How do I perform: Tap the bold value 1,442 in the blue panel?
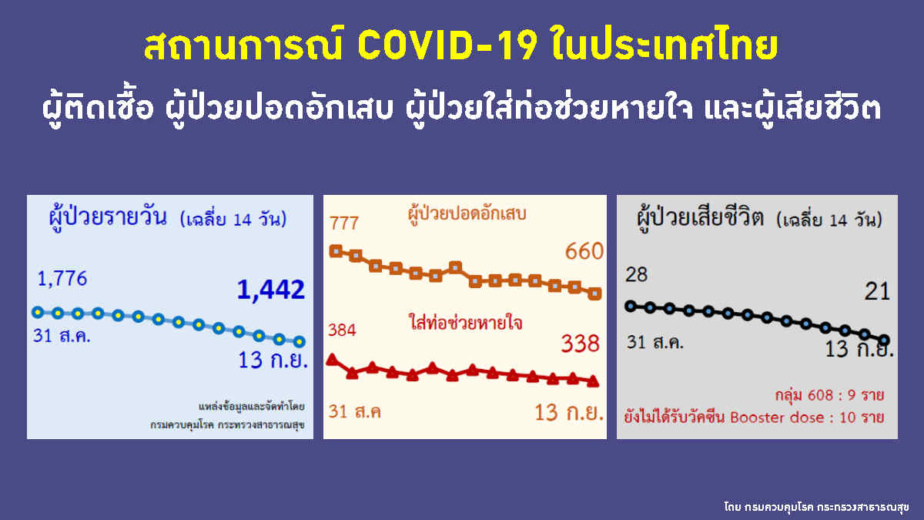click(271, 290)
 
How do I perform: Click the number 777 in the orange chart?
click(344, 223)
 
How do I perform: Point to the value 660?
click(584, 251)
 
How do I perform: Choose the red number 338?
click(581, 344)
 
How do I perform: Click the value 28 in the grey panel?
click(637, 274)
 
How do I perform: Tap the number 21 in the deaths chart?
click(877, 291)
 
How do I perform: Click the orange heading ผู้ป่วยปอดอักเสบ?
click(467, 213)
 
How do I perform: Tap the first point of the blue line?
click(38, 312)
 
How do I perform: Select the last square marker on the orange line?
click(594, 294)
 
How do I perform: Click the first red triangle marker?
click(333, 359)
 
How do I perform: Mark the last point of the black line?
click(884, 340)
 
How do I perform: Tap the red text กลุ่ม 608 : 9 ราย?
click(829, 395)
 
